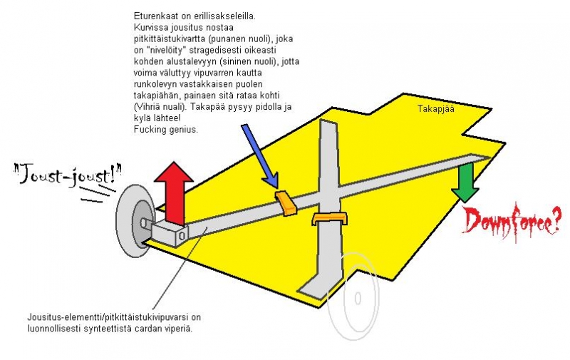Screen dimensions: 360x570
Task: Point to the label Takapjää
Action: (435, 110)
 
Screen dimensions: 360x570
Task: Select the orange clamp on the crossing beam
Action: (328, 219)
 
